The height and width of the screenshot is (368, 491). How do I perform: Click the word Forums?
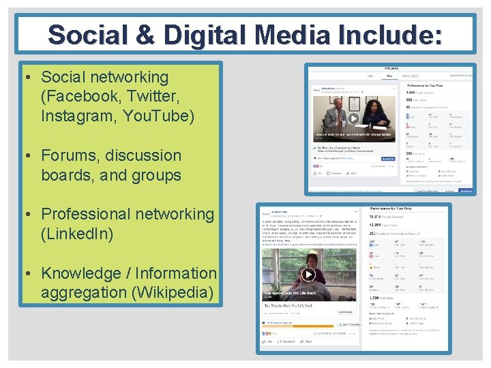tap(72, 155)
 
